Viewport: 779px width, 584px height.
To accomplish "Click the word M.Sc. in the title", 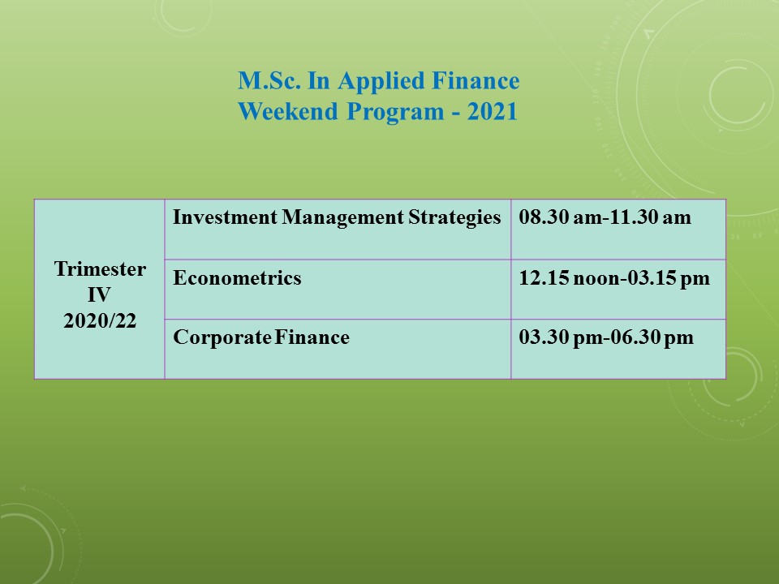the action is click(x=269, y=80).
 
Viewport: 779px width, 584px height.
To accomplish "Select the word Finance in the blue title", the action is click(x=476, y=80).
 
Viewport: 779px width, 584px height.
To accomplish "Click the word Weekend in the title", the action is click(x=287, y=111).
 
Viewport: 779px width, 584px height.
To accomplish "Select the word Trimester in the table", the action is click(x=100, y=269).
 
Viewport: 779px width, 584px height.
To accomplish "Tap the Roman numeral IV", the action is click(x=99, y=295).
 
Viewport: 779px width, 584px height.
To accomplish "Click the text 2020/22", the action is click(x=100, y=321).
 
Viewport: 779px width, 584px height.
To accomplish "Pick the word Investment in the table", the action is click(x=225, y=217).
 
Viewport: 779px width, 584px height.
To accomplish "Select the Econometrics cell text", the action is click(x=237, y=277).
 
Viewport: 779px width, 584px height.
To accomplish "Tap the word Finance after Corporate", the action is click(x=312, y=337).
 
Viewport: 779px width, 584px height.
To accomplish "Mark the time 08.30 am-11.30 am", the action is click(x=605, y=217).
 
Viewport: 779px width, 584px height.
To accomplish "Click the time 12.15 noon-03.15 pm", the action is click(x=614, y=278).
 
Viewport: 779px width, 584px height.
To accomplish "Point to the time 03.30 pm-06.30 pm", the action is click(x=606, y=338).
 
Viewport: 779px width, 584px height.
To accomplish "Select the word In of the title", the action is click(x=319, y=80).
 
